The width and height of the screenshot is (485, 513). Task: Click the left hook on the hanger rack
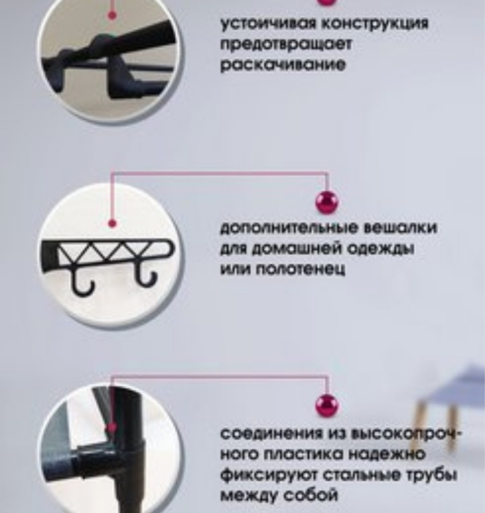(82, 282)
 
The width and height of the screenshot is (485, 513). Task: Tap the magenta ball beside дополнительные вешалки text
(327, 202)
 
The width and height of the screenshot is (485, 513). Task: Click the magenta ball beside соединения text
(327, 406)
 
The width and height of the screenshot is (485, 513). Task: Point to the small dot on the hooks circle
(112, 224)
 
